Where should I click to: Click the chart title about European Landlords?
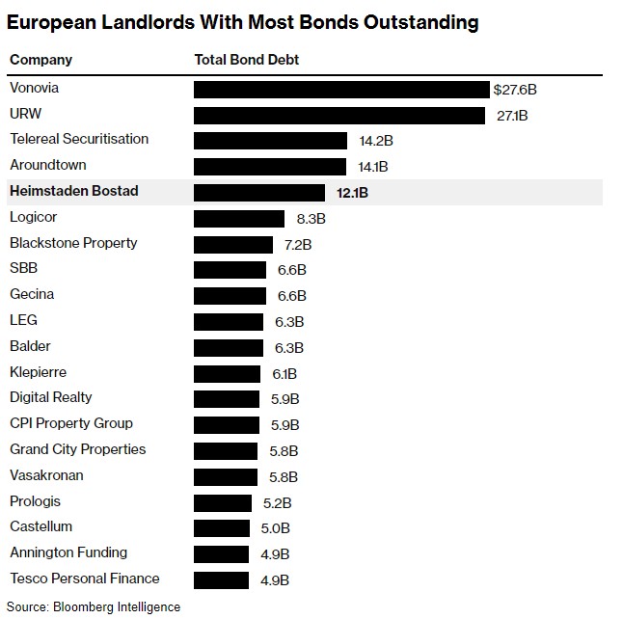point(242,21)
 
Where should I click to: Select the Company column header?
point(41,60)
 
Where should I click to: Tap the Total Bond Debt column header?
point(247,60)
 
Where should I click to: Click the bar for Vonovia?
point(341,90)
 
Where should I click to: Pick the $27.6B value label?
point(515,90)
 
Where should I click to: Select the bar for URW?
point(339,116)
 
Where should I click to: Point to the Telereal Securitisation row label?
point(79,139)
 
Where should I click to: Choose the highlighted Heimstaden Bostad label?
point(74,191)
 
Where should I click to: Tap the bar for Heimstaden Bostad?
point(260,193)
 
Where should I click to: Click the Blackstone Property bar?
point(233,245)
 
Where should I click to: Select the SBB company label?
point(24,268)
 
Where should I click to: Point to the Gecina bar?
point(230,296)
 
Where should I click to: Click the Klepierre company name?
point(38,371)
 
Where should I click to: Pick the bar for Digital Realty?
point(227,399)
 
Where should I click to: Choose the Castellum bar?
point(222,528)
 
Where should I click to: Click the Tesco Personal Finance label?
point(85,579)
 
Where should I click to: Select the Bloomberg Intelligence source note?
point(95,606)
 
